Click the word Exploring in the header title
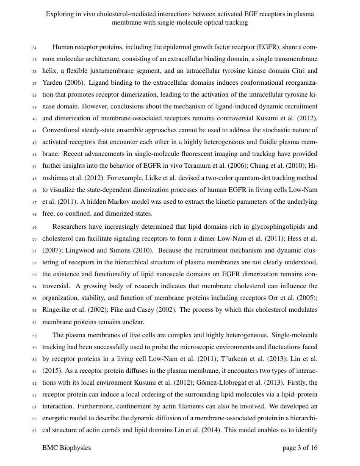[x=60, y=14]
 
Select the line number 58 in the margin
[x=34, y=336]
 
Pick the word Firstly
[x=291, y=383]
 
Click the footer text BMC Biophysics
[x=66, y=448]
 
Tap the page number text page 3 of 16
[x=300, y=448]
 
